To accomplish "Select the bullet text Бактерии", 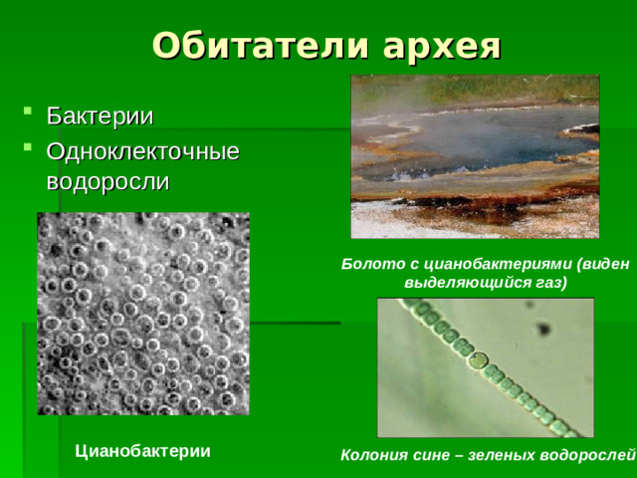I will coord(100,117).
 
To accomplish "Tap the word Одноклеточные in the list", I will coord(143,151).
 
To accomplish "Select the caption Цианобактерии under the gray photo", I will coord(143,450).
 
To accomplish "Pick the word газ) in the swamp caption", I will coord(546,283).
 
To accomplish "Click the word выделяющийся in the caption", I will coord(464,283).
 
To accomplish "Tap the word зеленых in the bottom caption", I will coord(497,456).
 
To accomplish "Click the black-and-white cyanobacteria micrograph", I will coord(143,314).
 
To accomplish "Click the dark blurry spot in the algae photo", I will coord(544,330).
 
